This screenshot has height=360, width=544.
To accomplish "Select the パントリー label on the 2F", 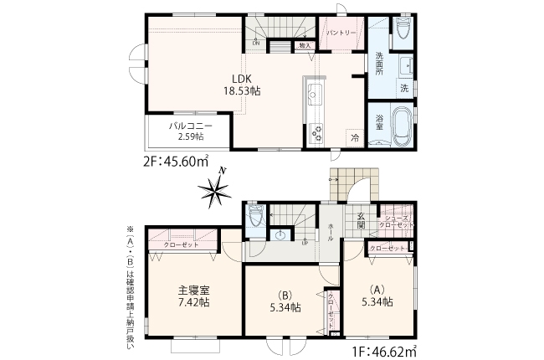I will point(341,32).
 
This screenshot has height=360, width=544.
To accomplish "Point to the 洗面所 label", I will point(378,64).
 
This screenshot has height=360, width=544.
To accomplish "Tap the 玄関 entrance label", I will point(360,219).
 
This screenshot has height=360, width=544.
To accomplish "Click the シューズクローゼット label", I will point(396,221).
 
